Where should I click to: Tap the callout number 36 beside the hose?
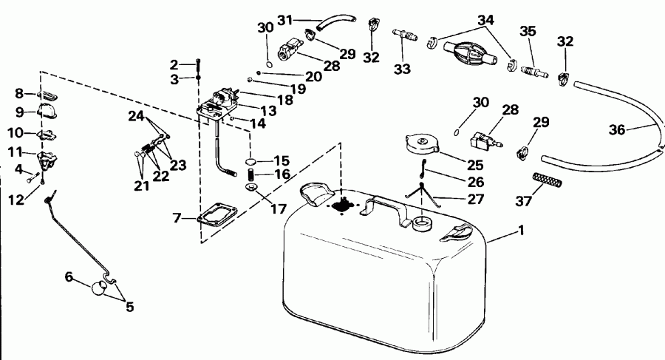618,129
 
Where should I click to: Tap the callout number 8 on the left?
20,93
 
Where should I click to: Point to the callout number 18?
265,98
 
